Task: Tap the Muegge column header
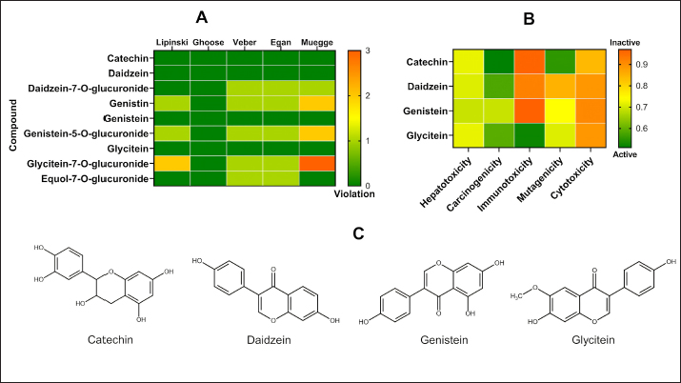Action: coord(317,42)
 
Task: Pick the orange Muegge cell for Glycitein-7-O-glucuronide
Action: coord(317,165)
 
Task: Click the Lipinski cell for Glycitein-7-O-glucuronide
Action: coord(171,165)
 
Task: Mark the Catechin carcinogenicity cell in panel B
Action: coord(496,65)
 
